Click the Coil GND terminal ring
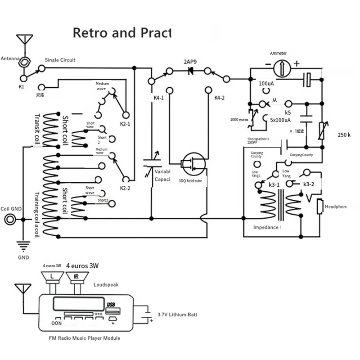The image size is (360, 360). click(x=10, y=219)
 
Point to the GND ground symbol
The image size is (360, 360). click(x=22, y=246)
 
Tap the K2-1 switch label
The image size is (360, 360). click(x=125, y=124)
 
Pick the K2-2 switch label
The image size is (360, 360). click(x=125, y=188)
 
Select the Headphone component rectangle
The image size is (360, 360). click(x=320, y=207)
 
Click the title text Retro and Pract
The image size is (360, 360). click(x=122, y=33)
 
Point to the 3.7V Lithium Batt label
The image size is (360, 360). click(x=177, y=315)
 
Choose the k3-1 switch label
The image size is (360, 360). click(x=274, y=185)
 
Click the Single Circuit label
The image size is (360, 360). click(x=60, y=60)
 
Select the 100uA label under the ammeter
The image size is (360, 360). click(x=267, y=84)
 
